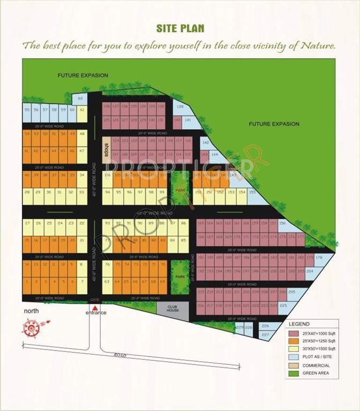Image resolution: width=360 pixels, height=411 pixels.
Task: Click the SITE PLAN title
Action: (x=180, y=28)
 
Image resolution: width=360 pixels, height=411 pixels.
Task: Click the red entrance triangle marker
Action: (x=95, y=308)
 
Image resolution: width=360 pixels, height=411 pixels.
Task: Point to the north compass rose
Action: (x=31, y=326)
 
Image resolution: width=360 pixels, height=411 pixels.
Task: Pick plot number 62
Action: (x=79, y=98)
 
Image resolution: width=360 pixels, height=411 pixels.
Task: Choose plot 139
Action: (x=181, y=108)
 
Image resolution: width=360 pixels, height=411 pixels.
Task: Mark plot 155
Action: (x=252, y=193)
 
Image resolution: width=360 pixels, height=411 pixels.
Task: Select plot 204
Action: (x=310, y=271)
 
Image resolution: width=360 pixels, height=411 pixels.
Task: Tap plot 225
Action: (x=284, y=306)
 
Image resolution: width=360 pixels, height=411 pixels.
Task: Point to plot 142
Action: (x=205, y=143)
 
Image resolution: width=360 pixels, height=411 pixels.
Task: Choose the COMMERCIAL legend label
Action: (x=316, y=365)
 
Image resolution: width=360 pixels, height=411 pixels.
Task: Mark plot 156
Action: (x=282, y=224)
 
